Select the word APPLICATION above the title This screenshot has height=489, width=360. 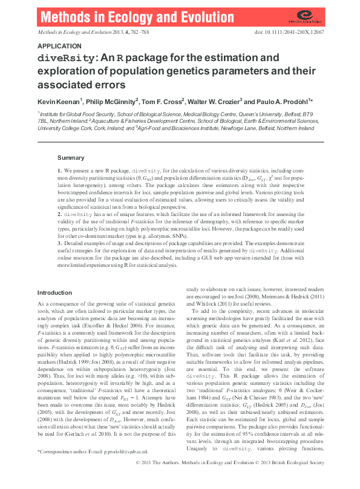tap(59, 46)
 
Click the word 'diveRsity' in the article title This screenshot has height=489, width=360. tap(66, 59)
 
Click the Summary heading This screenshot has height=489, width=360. tap(70, 157)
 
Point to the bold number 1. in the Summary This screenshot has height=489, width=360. tap(60, 172)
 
